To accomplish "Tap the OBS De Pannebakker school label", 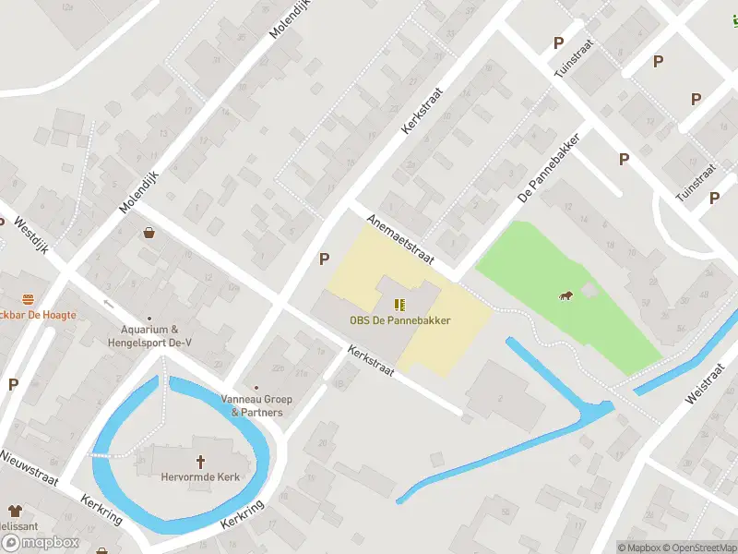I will (x=399, y=321).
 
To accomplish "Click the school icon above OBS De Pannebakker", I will (x=399, y=304).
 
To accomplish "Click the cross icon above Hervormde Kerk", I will (x=199, y=462).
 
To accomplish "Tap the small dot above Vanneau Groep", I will (x=256, y=389).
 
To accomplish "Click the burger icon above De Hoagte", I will (x=28, y=298).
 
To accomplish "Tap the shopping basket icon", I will (x=149, y=234).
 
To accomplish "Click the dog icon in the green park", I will (x=564, y=295).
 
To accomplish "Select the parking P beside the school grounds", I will (x=324, y=259).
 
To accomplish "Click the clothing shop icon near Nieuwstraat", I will (x=15, y=510).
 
